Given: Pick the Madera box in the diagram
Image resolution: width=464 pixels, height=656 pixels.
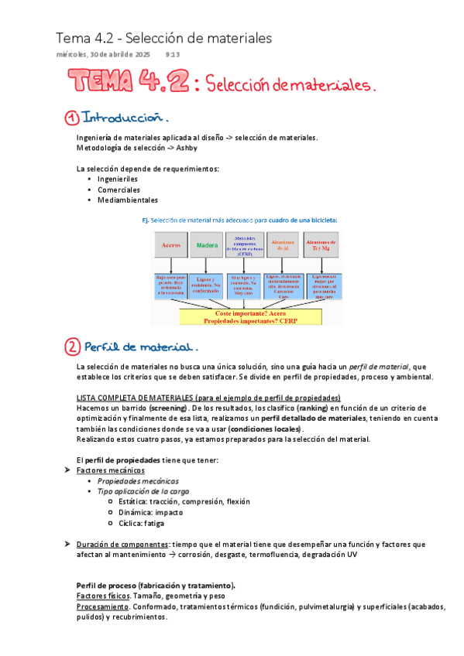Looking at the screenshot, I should click(x=207, y=244).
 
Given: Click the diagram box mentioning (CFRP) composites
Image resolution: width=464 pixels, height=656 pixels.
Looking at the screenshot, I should click(x=244, y=244).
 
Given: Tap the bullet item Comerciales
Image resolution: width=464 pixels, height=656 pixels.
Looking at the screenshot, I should click(x=119, y=190).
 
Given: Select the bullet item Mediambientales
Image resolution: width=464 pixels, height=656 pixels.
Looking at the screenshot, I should click(x=127, y=200).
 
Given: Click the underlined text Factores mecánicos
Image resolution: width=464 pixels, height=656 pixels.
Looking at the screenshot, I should click(x=110, y=470).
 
